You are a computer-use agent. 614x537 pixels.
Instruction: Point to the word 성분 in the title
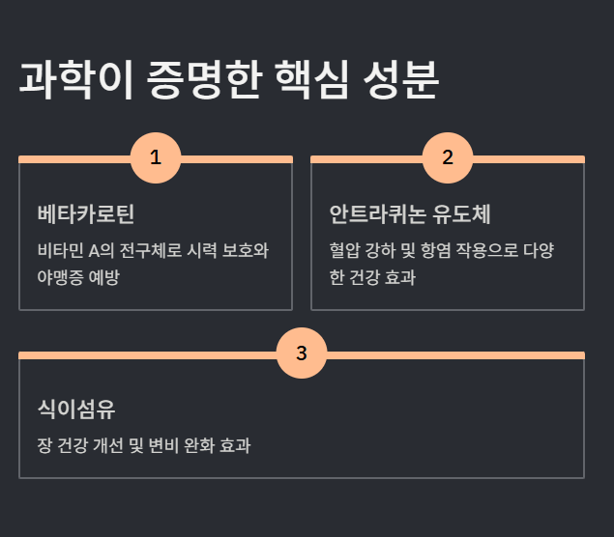click(403, 81)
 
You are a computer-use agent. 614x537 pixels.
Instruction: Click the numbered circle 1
click(156, 158)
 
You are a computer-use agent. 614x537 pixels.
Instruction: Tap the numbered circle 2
click(448, 158)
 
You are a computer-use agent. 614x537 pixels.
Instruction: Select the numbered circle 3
click(302, 353)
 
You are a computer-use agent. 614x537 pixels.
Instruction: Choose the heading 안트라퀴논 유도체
click(411, 213)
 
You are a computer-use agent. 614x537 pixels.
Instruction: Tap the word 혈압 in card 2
click(345, 251)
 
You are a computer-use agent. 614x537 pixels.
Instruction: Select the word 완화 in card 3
click(215, 446)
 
